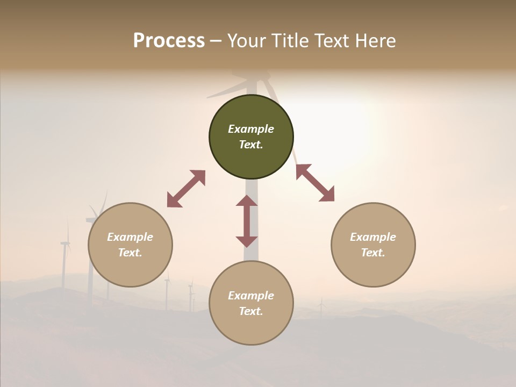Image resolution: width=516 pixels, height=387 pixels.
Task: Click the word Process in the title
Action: coord(169,41)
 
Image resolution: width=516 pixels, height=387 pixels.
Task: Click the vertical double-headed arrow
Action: coord(247,221)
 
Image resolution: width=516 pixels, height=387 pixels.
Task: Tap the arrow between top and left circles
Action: coord(186,189)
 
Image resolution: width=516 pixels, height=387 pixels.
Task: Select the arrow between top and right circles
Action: coord(315,183)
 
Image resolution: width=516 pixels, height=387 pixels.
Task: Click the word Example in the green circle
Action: coord(251,129)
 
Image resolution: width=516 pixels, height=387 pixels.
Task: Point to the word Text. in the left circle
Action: coord(130,253)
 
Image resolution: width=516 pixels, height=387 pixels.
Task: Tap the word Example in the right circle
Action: coord(373,237)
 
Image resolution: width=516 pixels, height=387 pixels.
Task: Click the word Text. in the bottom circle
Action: coord(251,311)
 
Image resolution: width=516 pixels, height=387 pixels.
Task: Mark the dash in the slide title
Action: coord(216,41)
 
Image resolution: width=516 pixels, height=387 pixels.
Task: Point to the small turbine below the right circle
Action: coord(321,308)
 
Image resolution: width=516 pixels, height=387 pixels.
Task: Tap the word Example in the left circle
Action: coord(130,237)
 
